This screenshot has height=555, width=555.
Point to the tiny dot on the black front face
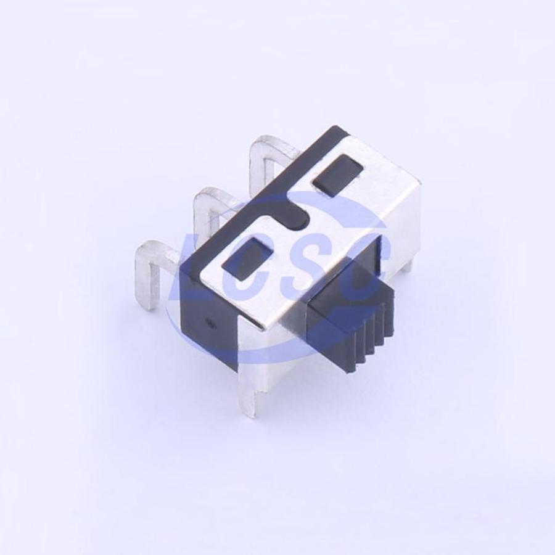211,323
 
